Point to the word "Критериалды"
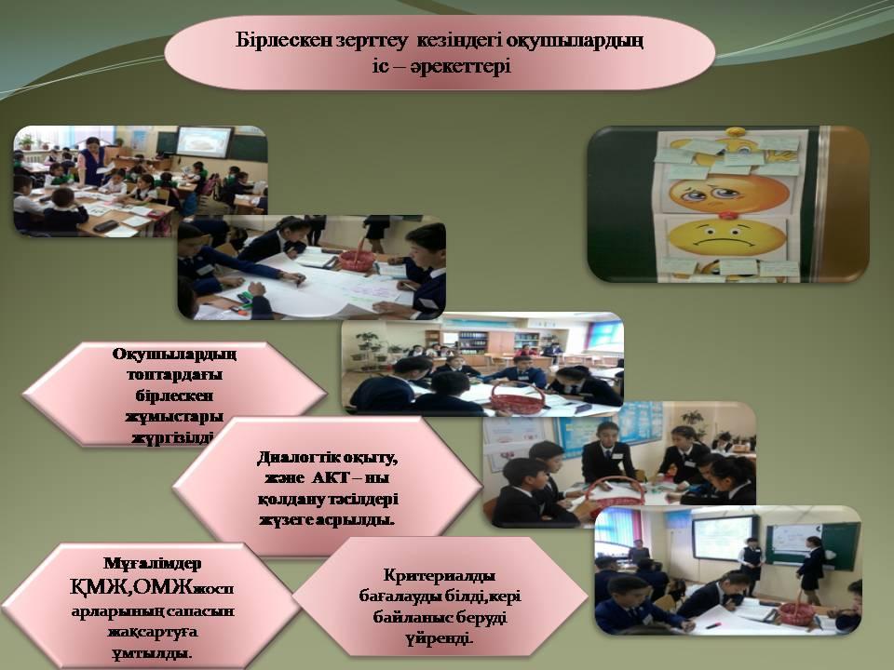point(439,575)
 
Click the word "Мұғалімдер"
point(152,564)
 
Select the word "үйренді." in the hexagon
point(439,638)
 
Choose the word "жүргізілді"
point(173,437)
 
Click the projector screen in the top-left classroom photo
point(204,143)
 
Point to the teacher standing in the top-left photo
point(91,162)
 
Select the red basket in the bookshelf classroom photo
point(517,398)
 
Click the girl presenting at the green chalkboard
point(811,569)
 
